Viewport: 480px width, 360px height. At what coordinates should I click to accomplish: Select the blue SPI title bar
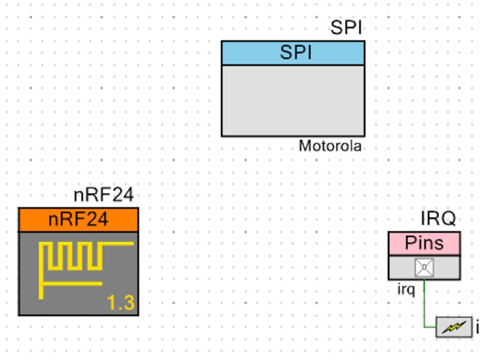[x=293, y=53]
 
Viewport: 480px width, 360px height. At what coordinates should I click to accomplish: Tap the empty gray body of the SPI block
[x=293, y=100]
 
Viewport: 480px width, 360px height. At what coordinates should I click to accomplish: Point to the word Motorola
[x=330, y=146]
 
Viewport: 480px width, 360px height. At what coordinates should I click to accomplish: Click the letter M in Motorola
[x=303, y=146]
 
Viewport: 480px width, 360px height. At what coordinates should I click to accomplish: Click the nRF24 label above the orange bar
[x=103, y=196]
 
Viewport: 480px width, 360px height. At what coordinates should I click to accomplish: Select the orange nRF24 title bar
[x=78, y=220]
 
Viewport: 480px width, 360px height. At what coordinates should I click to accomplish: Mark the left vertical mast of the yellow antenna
[x=42, y=269]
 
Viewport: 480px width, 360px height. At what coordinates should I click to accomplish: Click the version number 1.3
[x=121, y=303]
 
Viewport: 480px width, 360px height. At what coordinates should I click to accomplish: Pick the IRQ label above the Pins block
[x=438, y=219]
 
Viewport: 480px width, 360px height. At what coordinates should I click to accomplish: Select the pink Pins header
[x=423, y=243]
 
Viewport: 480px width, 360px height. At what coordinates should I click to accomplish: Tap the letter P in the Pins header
[x=410, y=243]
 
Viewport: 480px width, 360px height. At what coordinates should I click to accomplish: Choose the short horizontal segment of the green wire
[x=430, y=326]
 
